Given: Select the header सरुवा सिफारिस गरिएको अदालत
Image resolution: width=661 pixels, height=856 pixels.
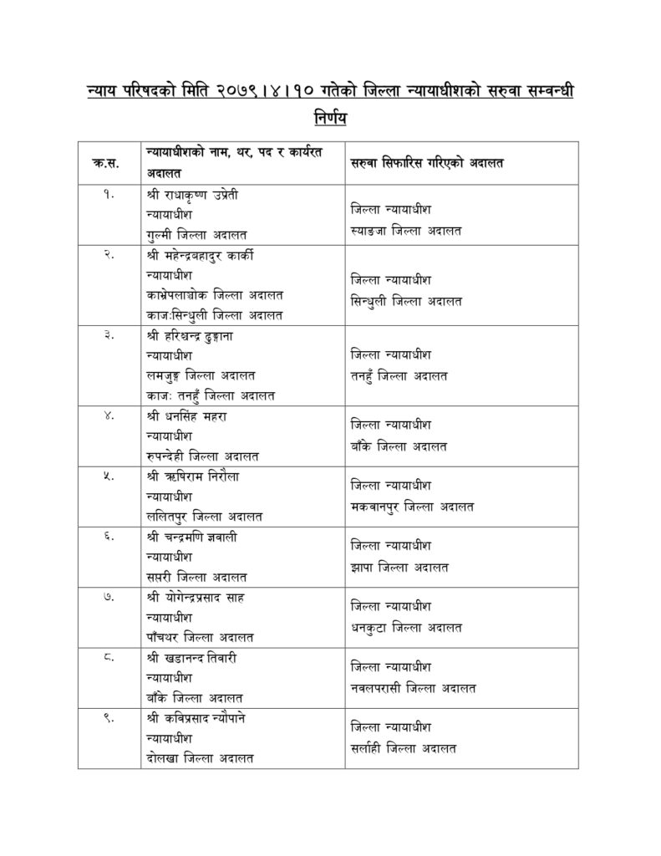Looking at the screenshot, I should [x=426, y=164].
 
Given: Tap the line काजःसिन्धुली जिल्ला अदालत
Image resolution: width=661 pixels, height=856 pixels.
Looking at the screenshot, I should [x=214, y=315].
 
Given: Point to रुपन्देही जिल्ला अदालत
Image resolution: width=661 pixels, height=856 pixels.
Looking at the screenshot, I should [x=201, y=456].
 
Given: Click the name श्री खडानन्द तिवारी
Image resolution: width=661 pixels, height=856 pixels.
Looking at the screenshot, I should [x=193, y=658].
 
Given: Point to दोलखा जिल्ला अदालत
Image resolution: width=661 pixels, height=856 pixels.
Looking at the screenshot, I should [x=199, y=758].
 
